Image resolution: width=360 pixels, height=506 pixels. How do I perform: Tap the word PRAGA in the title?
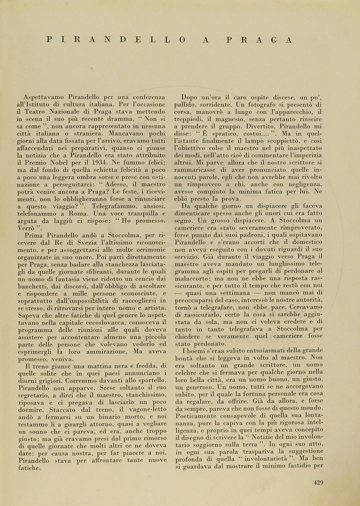point(259,40)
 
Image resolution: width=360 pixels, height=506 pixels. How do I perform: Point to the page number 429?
point(319,483)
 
